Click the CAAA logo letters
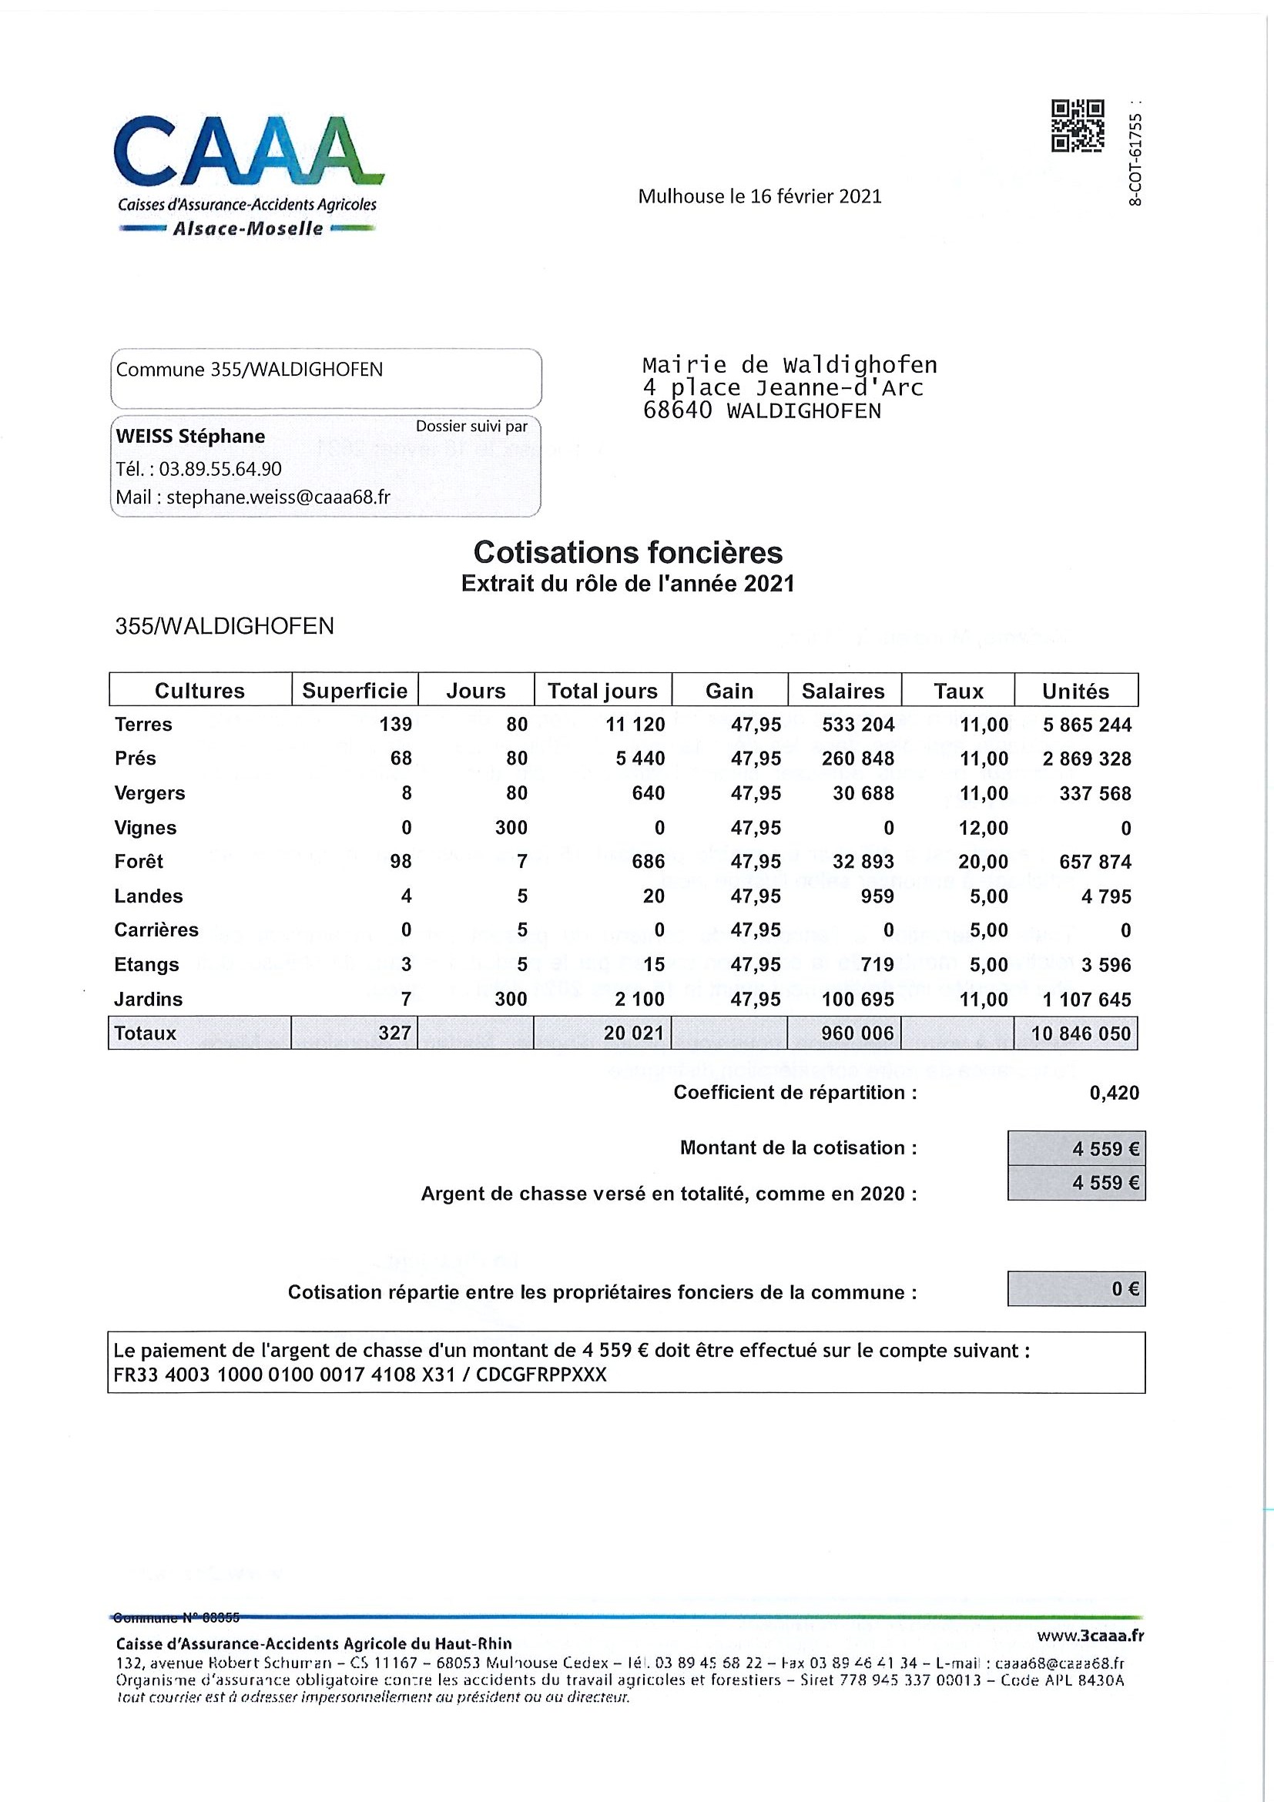pyautogui.click(x=247, y=151)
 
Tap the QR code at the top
pyautogui.click(x=1077, y=126)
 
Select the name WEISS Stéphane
pyautogui.click(x=191, y=437)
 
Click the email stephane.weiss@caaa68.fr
pyautogui.click(x=278, y=497)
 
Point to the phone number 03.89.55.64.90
pyautogui.click(x=220, y=469)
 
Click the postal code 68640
pyautogui.click(x=676, y=410)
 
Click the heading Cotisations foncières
pyautogui.click(x=628, y=552)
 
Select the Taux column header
pyautogui.click(x=957, y=691)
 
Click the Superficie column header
pyautogui.click(x=355, y=691)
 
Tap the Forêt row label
pyautogui.click(x=139, y=862)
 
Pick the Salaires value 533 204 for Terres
pyautogui.click(x=858, y=725)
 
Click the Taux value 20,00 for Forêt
pyautogui.click(x=983, y=862)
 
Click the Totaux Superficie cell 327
pyautogui.click(x=394, y=1033)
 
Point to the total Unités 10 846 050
pyautogui.click(x=1080, y=1033)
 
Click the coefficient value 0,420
pyautogui.click(x=1114, y=1093)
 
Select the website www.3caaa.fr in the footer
pyautogui.click(x=1090, y=1636)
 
